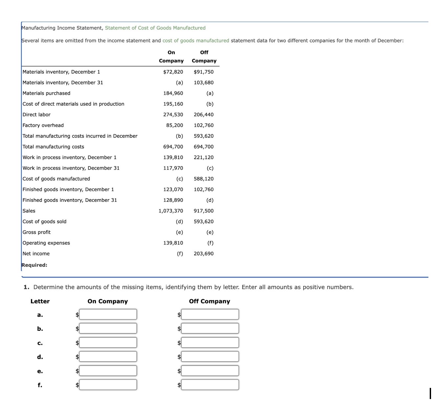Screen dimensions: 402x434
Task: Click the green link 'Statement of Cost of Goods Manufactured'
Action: click(x=155, y=28)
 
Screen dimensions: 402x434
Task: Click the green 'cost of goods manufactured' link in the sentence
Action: click(x=196, y=41)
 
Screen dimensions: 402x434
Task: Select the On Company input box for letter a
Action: click(x=108, y=314)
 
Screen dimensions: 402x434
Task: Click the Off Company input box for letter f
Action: click(x=210, y=385)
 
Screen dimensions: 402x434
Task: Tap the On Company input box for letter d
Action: click(x=108, y=356)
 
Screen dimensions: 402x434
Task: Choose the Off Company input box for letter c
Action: click(x=210, y=343)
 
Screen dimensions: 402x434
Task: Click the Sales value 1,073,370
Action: click(x=171, y=211)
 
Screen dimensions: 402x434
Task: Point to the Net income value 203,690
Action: click(x=203, y=254)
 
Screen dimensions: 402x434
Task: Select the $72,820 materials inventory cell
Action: click(x=173, y=72)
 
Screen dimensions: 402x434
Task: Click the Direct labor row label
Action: click(x=36, y=115)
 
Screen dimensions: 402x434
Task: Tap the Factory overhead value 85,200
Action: click(x=174, y=125)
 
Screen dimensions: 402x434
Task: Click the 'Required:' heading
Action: click(x=34, y=265)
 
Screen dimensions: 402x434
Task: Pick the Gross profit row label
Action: click(x=36, y=232)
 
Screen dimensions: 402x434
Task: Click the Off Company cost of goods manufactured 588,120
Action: click(x=203, y=179)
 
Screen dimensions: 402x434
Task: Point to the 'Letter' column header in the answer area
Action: click(x=40, y=301)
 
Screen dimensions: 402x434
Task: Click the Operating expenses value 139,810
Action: click(x=173, y=243)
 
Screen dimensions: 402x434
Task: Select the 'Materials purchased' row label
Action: click(x=46, y=93)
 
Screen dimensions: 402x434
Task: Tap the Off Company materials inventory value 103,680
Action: click(x=203, y=83)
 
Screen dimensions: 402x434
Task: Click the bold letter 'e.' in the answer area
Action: click(x=40, y=371)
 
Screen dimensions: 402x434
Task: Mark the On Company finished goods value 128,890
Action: click(x=173, y=200)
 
